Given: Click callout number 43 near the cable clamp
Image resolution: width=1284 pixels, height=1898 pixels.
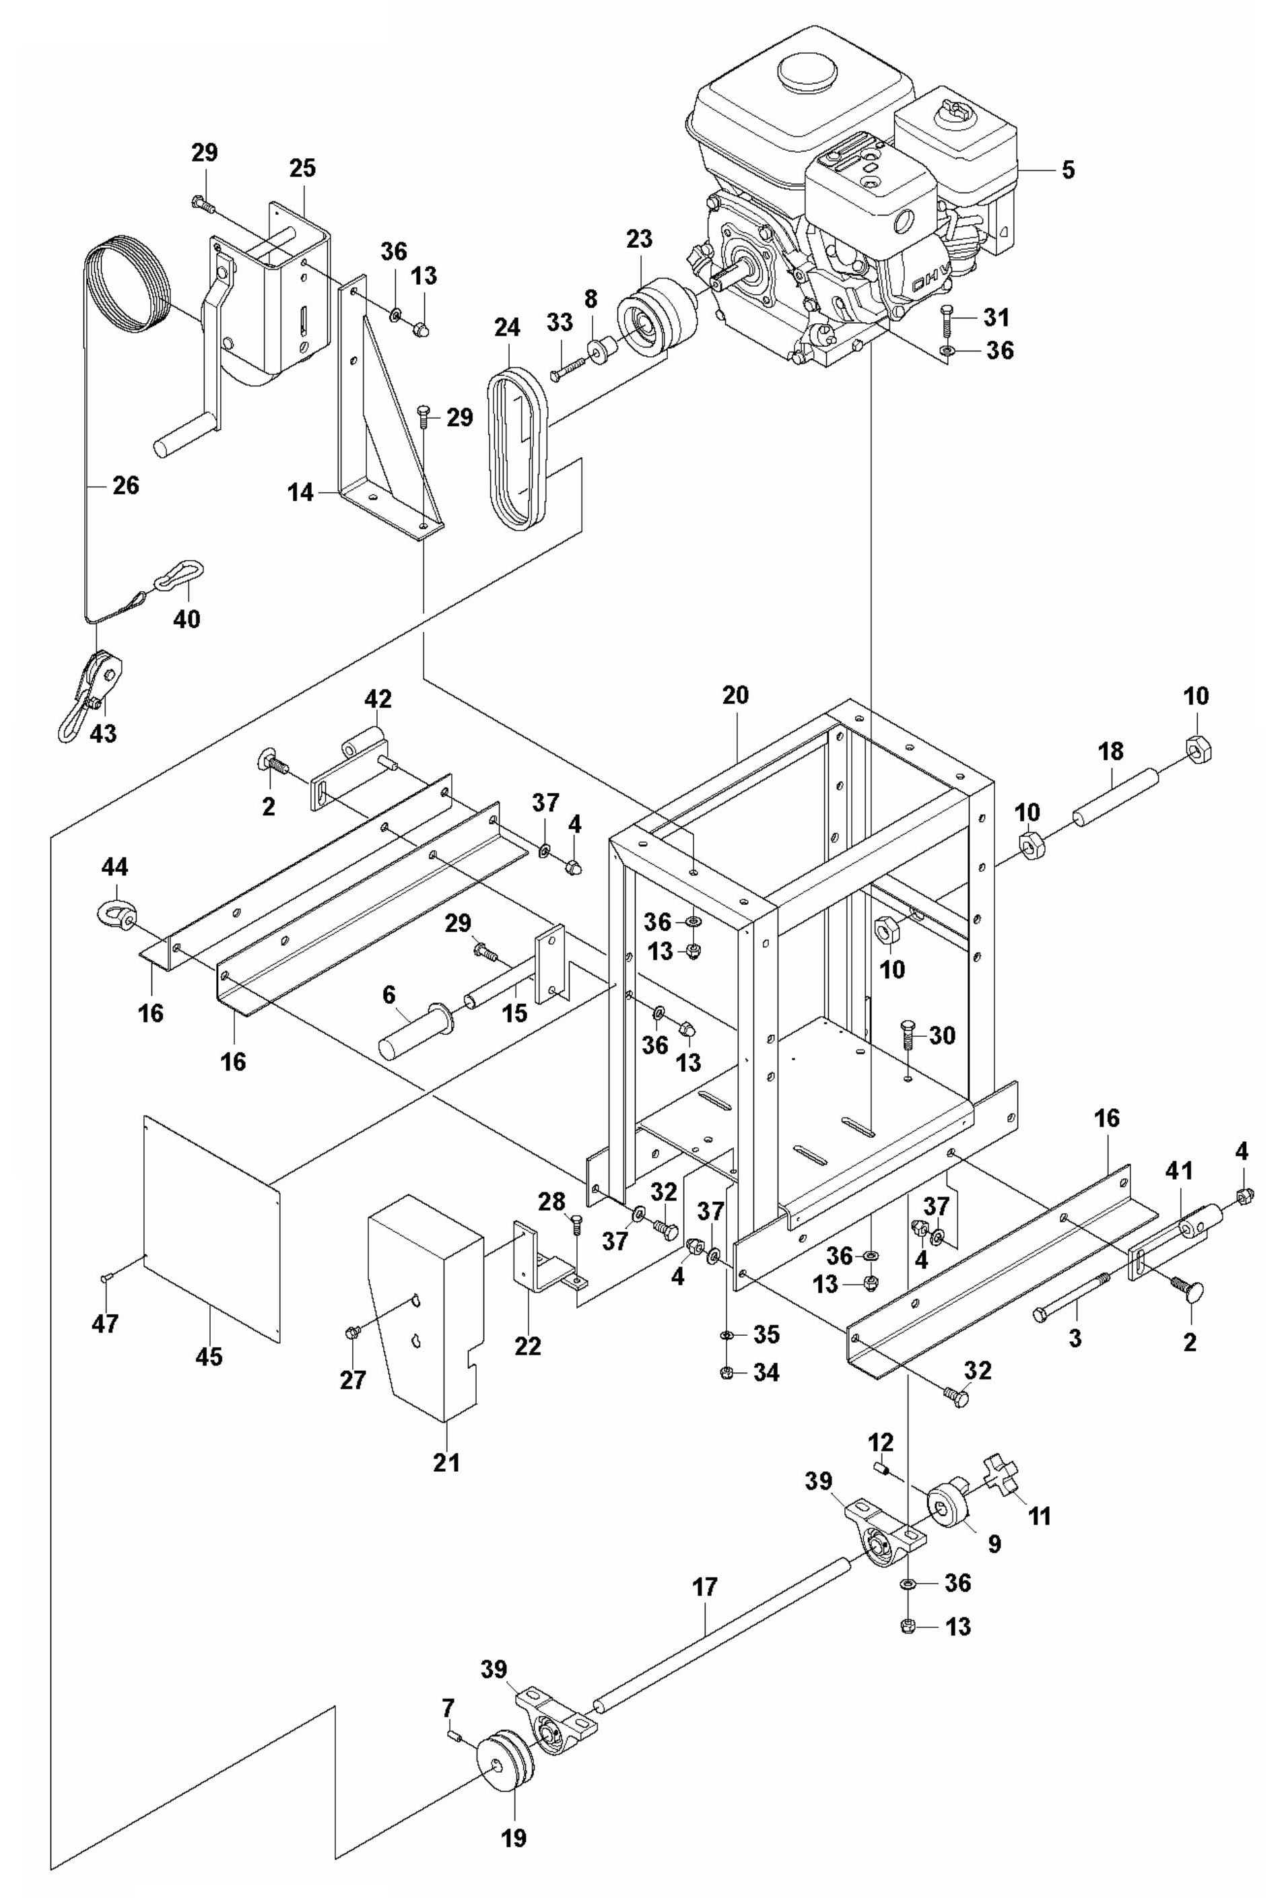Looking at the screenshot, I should click(103, 733).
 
